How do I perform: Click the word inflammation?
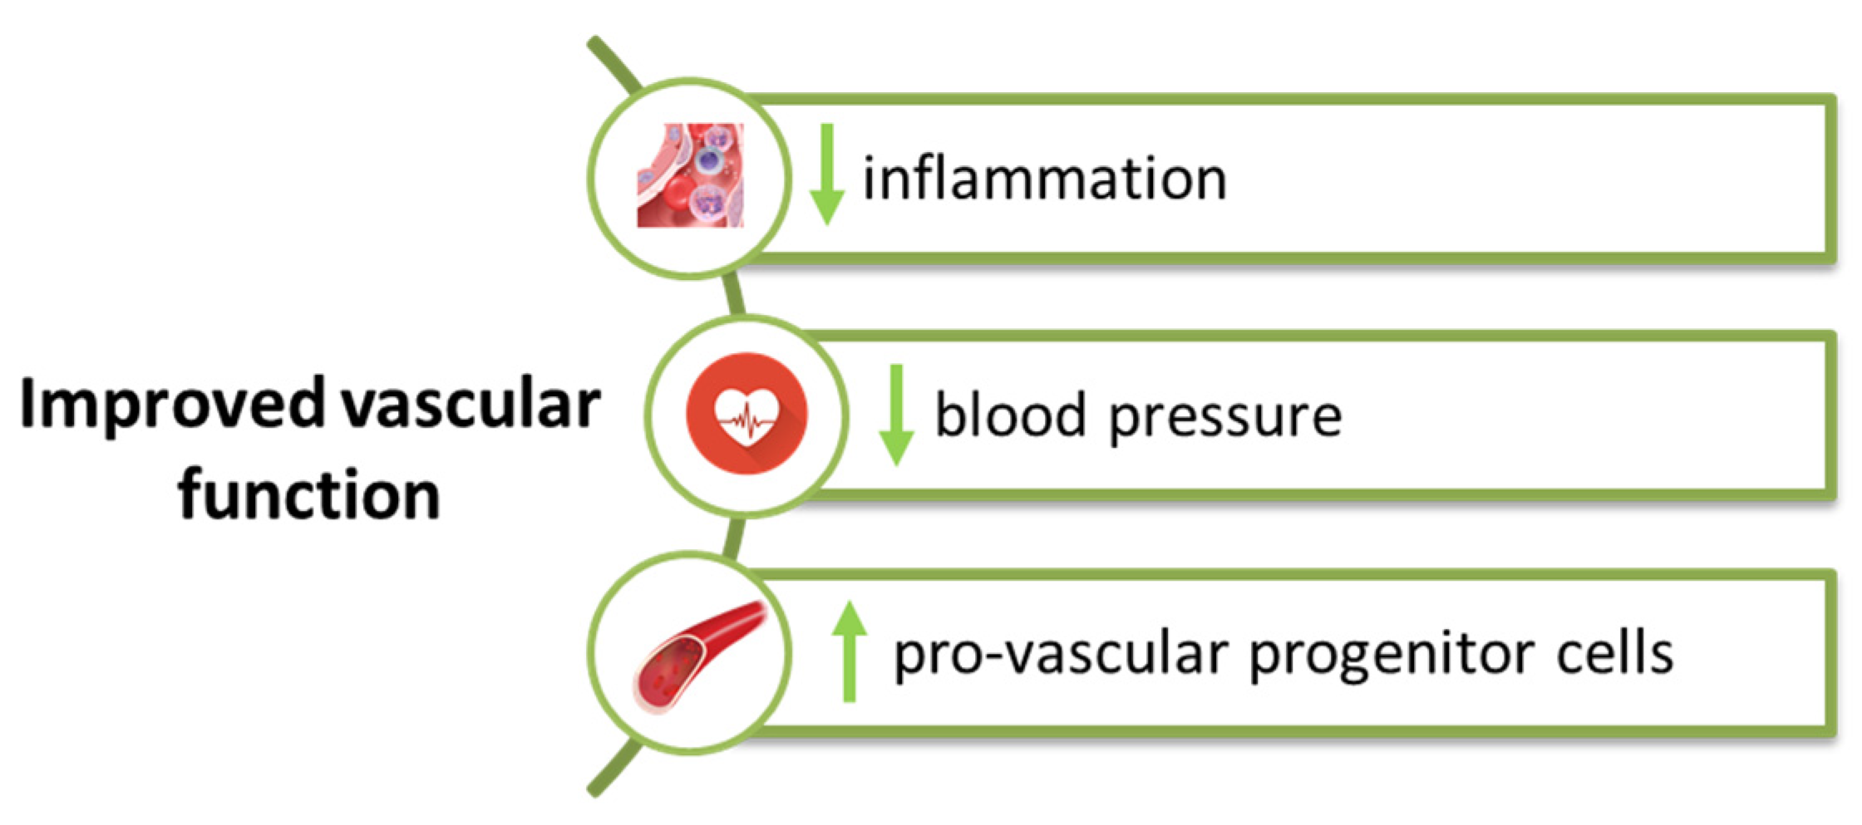coord(1044,179)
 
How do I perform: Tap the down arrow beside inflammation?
coord(826,175)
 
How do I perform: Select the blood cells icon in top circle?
coord(690,175)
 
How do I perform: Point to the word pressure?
coord(1225,417)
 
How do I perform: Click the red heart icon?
coord(746,414)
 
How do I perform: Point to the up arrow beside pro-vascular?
coord(849,652)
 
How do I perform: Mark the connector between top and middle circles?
coord(732,294)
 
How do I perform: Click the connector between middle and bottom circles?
coord(732,536)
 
